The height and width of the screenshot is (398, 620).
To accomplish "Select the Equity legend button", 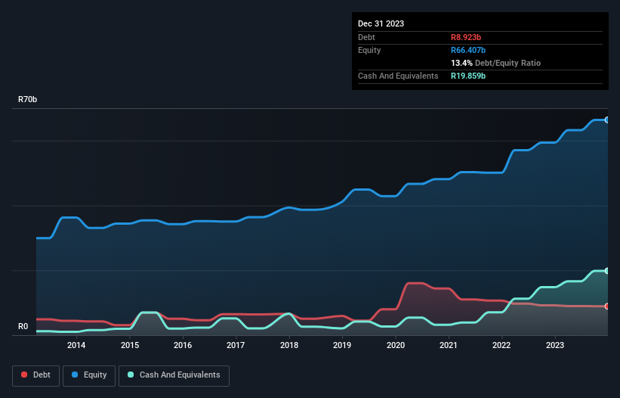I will tap(89, 375).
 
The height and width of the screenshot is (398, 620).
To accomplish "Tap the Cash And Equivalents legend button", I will tap(174, 375).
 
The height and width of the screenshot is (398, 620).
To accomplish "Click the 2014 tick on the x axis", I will tap(76, 346).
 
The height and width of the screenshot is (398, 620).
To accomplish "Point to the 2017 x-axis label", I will tap(236, 346).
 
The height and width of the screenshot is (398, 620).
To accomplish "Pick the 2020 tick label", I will tap(395, 346).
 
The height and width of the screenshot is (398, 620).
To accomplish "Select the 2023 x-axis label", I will tap(555, 346).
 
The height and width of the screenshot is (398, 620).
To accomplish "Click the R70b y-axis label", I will tap(28, 100).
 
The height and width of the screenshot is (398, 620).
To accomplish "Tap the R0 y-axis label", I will tap(23, 327).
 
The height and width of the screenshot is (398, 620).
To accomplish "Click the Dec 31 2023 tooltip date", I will tap(381, 23).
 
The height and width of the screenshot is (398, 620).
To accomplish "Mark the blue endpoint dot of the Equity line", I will tap(606, 120).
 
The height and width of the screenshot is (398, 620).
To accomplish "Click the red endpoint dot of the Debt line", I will tap(606, 306).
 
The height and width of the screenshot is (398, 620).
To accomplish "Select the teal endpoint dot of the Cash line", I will tap(606, 270).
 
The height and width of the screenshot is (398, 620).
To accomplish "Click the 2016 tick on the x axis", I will tap(182, 346).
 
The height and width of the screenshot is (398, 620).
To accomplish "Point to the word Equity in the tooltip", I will tap(369, 50).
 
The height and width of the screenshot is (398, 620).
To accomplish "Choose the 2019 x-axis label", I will tap(342, 346).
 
